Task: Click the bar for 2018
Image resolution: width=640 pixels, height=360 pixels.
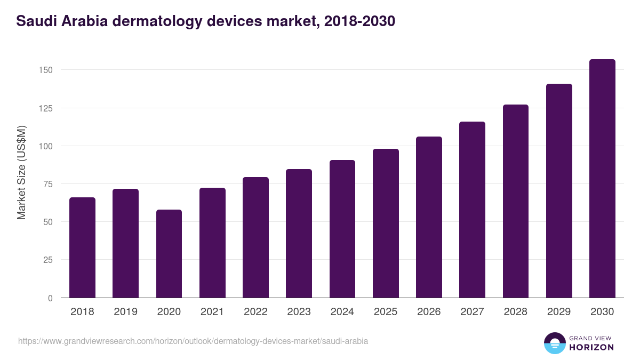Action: click(82, 248)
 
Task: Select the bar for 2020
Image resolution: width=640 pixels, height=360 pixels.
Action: click(169, 254)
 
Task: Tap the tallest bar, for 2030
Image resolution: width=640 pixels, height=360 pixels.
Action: click(602, 179)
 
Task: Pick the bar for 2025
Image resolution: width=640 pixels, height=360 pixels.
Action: click(386, 223)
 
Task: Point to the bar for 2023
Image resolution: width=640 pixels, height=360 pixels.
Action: click(299, 234)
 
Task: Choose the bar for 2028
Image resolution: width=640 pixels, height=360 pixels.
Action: click(515, 201)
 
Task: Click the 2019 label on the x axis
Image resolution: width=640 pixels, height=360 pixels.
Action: click(125, 312)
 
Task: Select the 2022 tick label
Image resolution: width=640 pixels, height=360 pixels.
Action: click(255, 312)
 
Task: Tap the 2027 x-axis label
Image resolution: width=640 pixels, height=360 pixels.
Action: click(472, 312)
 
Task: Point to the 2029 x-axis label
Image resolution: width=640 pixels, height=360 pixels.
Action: click(559, 312)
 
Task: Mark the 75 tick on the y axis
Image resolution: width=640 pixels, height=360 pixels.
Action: click(47, 184)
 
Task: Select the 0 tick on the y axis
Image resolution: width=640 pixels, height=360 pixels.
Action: click(50, 298)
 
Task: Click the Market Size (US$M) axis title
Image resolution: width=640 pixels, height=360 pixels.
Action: click(21, 172)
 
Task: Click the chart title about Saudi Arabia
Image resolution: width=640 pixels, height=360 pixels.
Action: click(206, 21)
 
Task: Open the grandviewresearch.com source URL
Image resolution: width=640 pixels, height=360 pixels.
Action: click(193, 341)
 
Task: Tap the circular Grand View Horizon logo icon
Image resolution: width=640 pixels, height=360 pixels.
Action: click(555, 343)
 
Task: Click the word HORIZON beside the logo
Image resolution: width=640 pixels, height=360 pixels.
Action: click(591, 347)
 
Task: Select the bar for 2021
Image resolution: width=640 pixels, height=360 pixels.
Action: click(212, 243)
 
